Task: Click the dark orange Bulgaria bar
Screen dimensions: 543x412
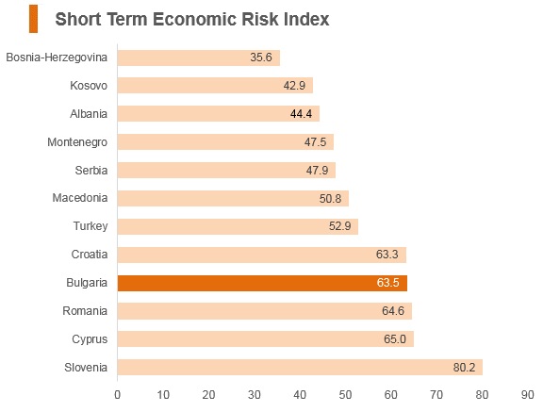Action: [x=262, y=283]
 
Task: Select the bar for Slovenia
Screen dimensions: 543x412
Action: [x=300, y=368]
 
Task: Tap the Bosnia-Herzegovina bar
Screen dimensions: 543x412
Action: [x=199, y=58]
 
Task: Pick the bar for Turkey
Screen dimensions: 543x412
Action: [x=238, y=226]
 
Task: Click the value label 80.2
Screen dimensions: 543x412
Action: [x=464, y=368]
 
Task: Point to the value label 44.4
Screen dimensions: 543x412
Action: [x=301, y=114]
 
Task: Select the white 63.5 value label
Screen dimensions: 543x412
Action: [x=387, y=283]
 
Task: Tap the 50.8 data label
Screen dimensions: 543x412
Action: [x=330, y=199]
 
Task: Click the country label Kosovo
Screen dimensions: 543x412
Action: [x=89, y=86]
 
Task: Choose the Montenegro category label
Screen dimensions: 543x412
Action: [x=77, y=142]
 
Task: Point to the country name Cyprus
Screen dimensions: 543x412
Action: [x=90, y=339]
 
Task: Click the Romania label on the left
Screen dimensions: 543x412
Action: [x=85, y=311]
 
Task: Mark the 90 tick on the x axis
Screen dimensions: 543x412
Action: [x=527, y=395]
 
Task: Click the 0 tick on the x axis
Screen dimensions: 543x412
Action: [x=118, y=395]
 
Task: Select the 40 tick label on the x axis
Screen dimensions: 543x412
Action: [x=300, y=395]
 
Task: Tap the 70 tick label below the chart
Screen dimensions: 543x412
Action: [x=436, y=395]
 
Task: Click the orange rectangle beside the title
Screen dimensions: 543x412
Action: [x=34, y=19]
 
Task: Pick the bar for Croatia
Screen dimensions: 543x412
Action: [x=262, y=255]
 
